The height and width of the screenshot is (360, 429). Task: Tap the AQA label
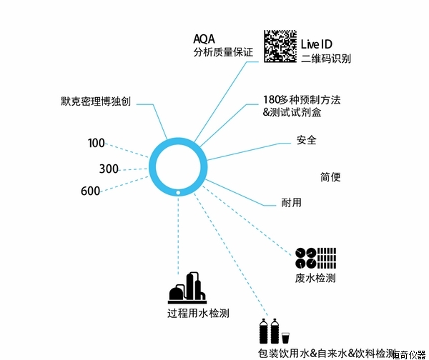[x=204, y=38]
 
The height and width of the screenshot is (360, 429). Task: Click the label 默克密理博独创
[x=96, y=101]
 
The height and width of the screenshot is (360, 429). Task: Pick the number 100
[x=97, y=144]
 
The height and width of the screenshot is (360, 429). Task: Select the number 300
[x=109, y=169]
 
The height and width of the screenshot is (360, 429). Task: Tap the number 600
[x=91, y=191]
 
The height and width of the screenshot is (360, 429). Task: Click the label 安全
[x=307, y=140]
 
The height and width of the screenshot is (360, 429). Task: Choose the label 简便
[x=330, y=176]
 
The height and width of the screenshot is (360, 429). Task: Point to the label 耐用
[x=292, y=202]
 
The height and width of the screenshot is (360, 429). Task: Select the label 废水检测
[x=315, y=277]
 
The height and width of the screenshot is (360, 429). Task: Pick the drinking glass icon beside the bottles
[x=285, y=336]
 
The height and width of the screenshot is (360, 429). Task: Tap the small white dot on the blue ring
[x=178, y=191]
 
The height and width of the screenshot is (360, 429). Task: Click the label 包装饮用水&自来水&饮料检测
[x=326, y=353]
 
